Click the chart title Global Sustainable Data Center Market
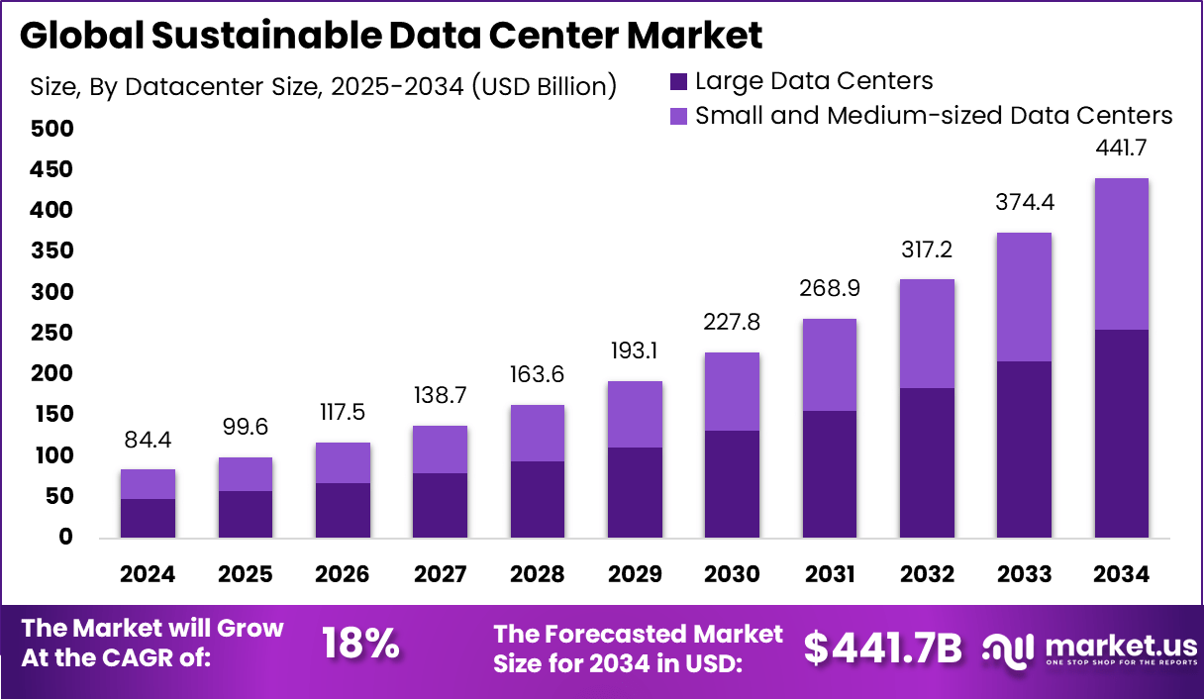[391, 36]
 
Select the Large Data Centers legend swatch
[678, 81]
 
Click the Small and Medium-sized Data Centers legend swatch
[678, 116]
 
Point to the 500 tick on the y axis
[50, 129]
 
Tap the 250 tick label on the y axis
[50, 333]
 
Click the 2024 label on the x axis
[148, 574]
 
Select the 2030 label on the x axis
[732, 574]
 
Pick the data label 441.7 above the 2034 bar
[1121, 149]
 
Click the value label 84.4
[148, 439]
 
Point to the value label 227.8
[732, 323]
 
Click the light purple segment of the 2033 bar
[1024, 297]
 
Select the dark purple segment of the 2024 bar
[148, 518]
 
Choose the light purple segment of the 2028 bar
[537, 433]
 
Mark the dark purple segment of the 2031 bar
[829, 474]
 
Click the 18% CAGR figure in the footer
[361, 645]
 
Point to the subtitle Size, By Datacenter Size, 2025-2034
[323, 86]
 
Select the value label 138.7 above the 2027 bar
[440, 395]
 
